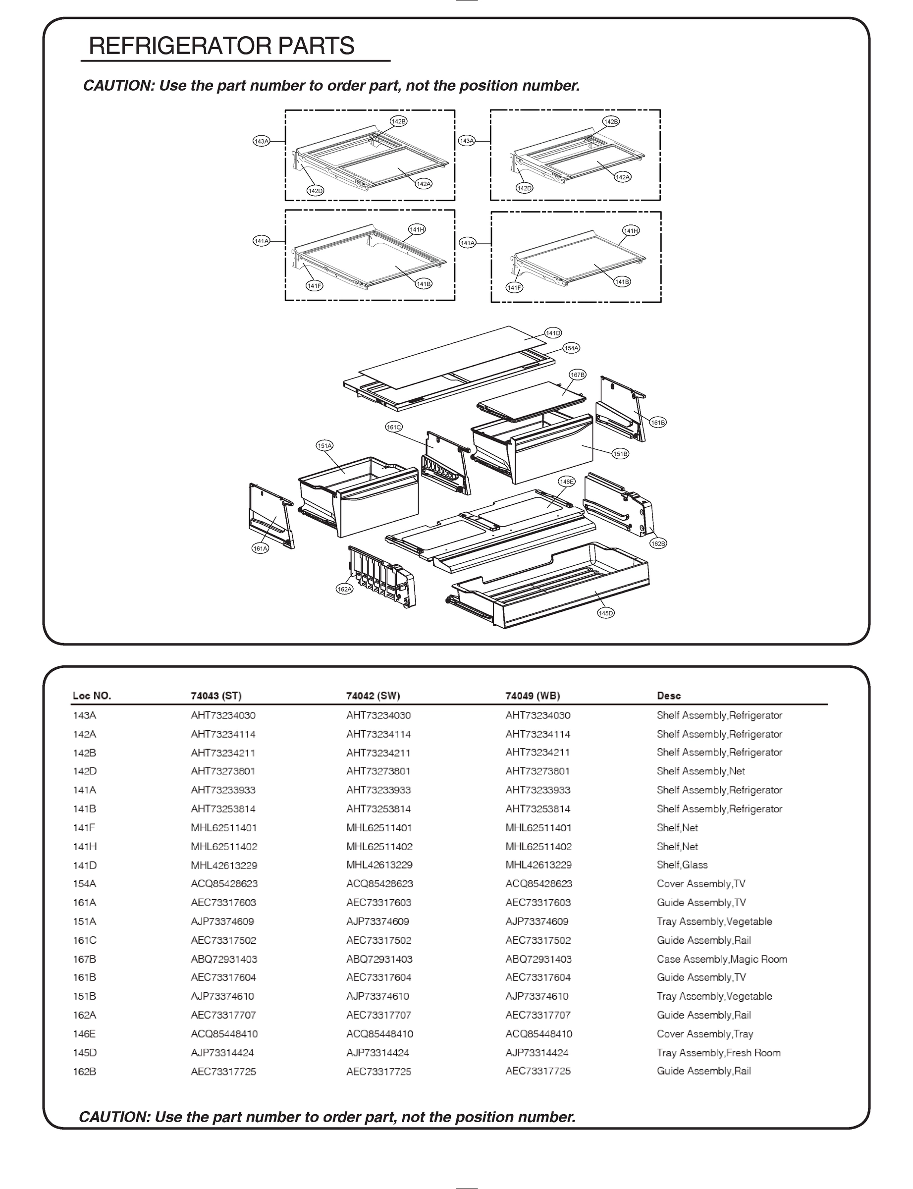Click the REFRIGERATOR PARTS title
point(222,46)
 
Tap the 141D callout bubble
point(553,332)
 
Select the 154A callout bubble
point(571,348)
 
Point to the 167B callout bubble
point(577,375)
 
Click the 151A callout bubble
point(324,445)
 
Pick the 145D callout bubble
point(605,613)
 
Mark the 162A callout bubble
point(345,589)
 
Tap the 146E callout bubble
point(566,482)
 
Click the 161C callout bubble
point(394,427)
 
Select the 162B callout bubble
point(658,543)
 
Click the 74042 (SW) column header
point(373,696)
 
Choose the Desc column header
point(668,696)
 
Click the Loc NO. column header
point(92,696)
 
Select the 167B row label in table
point(84,959)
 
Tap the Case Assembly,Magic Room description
point(722,959)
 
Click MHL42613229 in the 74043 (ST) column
point(224,865)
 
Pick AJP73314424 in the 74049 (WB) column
point(537,1053)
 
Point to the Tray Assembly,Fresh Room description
point(718,1053)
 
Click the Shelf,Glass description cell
point(682,865)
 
